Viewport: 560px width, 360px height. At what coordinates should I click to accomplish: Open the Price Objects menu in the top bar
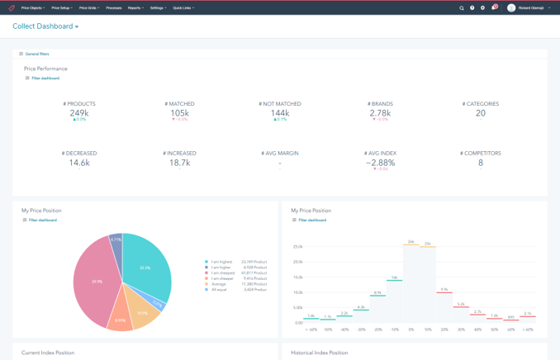32,8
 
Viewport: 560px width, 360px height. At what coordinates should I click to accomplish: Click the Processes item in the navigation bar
113,8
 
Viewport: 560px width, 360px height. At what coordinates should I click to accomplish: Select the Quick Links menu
183,8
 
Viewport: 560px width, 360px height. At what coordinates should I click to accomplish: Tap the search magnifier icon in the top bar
462,8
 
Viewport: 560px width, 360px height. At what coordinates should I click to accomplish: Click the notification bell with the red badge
494,8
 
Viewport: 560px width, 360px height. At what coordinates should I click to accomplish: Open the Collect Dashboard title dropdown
45,26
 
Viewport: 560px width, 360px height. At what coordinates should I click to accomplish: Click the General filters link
36,54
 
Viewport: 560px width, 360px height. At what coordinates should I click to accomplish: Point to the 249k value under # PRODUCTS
79,112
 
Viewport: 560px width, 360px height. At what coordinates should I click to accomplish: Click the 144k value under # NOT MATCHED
280,112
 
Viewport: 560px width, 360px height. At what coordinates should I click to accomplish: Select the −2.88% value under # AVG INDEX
381,163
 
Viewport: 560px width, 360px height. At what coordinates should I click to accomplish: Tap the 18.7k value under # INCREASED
179,163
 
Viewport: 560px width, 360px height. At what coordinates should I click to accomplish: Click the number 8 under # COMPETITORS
481,163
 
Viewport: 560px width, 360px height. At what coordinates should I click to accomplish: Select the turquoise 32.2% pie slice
145,266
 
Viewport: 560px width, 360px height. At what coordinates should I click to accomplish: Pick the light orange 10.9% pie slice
142,312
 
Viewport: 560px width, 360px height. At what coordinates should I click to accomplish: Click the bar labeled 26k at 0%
411,281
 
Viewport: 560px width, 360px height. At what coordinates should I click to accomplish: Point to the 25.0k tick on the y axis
298,246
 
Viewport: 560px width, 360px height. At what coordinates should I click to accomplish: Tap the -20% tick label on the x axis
377,329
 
